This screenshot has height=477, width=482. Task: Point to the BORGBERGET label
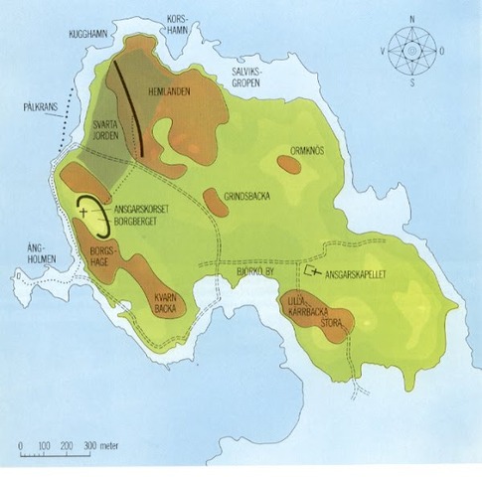click(x=139, y=223)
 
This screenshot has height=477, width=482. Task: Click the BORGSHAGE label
click(x=104, y=260)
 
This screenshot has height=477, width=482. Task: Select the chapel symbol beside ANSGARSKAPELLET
click(x=310, y=270)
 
